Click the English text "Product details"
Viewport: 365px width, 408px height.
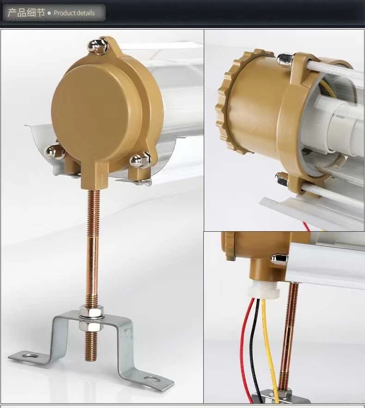[x=74, y=13]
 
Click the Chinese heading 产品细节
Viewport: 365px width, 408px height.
[x=26, y=12]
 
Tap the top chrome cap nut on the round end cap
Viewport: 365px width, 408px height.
[x=97, y=46]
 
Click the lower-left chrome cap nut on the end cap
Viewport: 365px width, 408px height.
[x=55, y=151]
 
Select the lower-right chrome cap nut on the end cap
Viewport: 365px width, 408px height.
[x=140, y=160]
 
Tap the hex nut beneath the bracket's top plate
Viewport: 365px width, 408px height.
[x=91, y=325]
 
